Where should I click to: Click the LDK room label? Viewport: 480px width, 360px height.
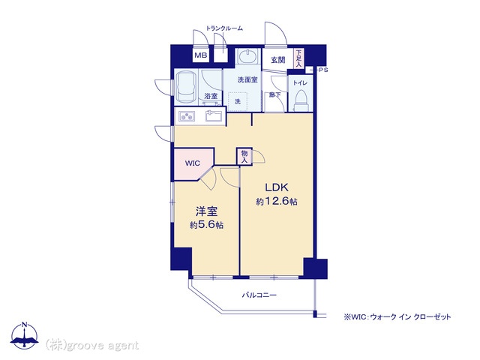[x=277, y=187]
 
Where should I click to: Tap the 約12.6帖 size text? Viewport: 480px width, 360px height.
[x=277, y=202]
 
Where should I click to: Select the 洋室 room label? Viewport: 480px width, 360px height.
[x=207, y=211]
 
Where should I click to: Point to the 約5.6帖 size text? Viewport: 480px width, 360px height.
[x=206, y=225]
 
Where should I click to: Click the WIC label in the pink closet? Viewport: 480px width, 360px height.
[x=192, y=163]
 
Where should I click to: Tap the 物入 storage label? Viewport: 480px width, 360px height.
[x=244, y=157]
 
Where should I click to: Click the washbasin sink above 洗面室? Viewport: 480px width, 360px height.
[x=248, y=56]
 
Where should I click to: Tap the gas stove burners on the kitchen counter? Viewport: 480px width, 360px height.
[x=187, y=116]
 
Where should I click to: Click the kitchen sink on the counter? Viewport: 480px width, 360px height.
[x=214, y=115]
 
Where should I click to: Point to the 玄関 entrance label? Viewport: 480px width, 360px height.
[x=278, y=60]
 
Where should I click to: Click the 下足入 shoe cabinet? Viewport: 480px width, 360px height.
[x=298, y=58]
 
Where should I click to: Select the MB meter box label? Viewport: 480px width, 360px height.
[x=201, y=55]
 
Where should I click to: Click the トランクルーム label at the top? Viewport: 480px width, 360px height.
[x=224, y=28]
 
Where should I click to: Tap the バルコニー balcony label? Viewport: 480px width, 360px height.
[x=259, y=295]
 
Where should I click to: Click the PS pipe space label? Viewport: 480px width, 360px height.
[x=323, y=70]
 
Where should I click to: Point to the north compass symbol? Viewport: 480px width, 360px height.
[x=25, y=335]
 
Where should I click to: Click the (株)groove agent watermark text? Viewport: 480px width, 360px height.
[x=92, y=345]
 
